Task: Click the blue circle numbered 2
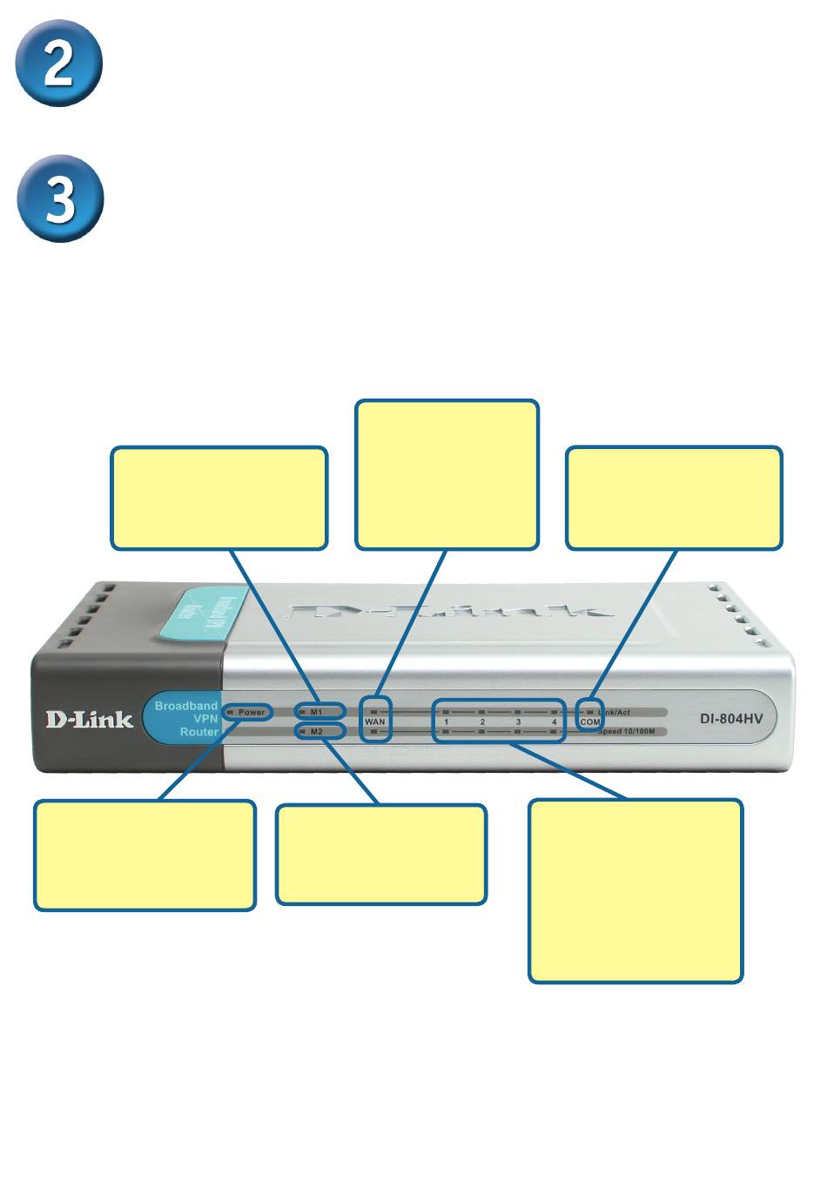coord(59,64)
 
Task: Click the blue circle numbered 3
coord(59,198)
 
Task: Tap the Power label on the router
coord(251,712)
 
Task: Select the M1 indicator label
coord(316,712)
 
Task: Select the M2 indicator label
coord(316,732)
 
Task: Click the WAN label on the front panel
coord(375,722)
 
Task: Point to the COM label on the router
coord(590,722)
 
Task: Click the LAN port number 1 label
coord(447,722)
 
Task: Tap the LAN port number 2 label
coord(483,722)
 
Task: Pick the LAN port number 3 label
coord(519,722)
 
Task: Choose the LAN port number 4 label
coord(554,722)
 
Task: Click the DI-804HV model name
coord(732,720)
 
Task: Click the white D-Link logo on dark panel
coord(90,720)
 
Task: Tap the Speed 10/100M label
coord(626,732)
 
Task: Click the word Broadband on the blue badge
coord(186,706)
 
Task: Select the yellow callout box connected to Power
coord(145,856)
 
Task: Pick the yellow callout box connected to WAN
coord(447,475)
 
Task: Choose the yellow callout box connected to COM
coord(674,499)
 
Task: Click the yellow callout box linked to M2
coord(381,855)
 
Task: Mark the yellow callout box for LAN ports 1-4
coord(635,891)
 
